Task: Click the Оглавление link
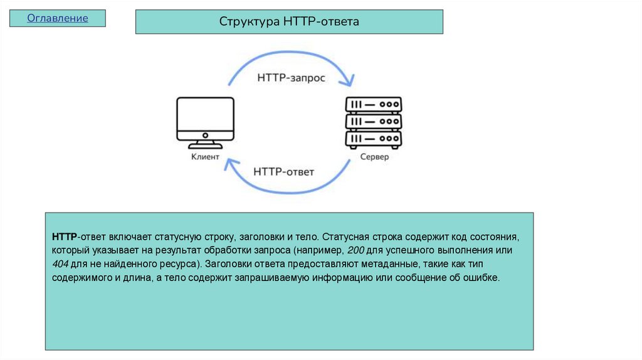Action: (57, 18)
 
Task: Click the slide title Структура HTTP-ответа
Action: (289, 22)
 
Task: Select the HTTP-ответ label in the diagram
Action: (283, 171)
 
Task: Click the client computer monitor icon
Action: (205, 119)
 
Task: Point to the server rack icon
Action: (374, 122)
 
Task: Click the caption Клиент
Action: (205, 157)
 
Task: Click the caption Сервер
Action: (374, 157)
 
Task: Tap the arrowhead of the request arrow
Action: (348, 82)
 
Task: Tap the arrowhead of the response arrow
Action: (231, 164)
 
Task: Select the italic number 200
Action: (355, 250)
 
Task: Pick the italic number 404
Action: (60, 263)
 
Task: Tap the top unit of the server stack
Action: (374, 104)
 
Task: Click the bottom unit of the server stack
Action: (374, 139)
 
